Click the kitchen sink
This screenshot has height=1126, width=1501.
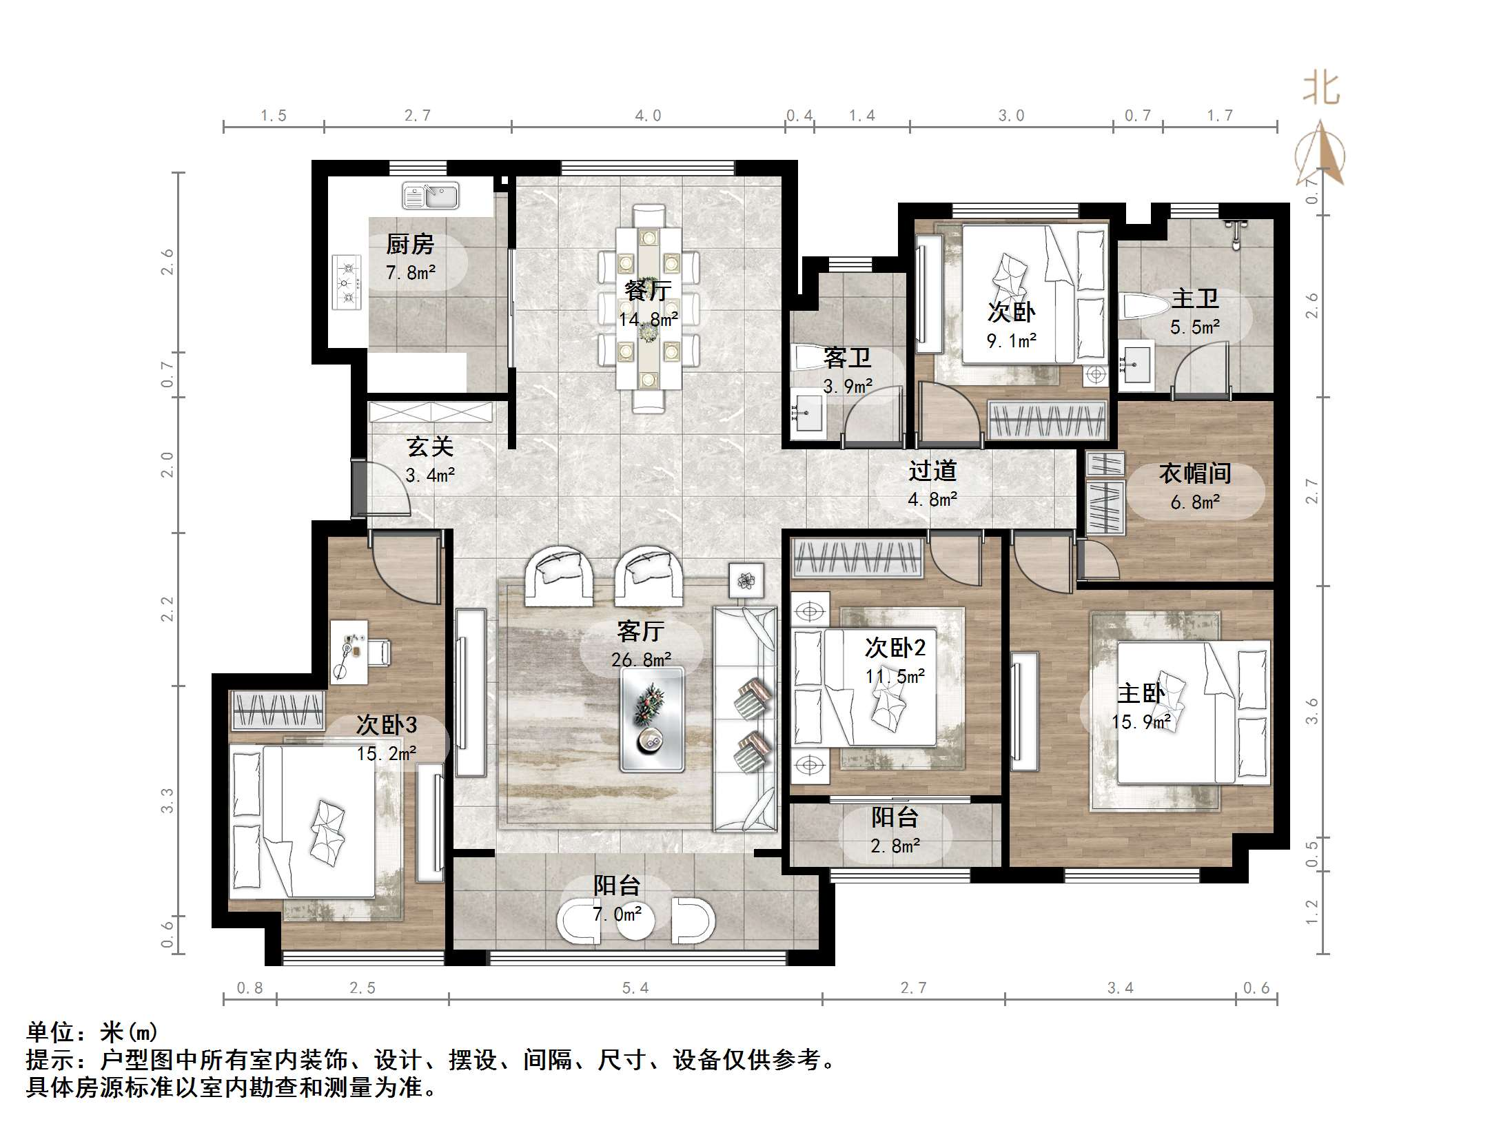click(431, 196)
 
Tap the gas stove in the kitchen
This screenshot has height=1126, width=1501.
click(347, 282)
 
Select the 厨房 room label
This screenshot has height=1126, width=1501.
click(410, 244)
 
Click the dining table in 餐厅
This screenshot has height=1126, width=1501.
click(649, 308)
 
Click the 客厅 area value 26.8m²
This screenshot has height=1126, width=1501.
click(641, 660)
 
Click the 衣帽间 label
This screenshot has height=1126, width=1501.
click(1195, 473)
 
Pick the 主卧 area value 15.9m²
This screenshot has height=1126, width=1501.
click(1141, 722)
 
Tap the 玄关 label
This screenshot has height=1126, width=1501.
click(430, 447)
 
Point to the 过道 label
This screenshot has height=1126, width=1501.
click(932, 471)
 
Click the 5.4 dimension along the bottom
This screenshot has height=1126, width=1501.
click(635, 988)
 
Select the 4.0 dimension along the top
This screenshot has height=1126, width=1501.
click(648, 116)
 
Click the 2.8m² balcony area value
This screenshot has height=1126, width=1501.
click(895, 846)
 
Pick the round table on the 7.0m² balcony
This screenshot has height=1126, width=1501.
click(635, 923)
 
